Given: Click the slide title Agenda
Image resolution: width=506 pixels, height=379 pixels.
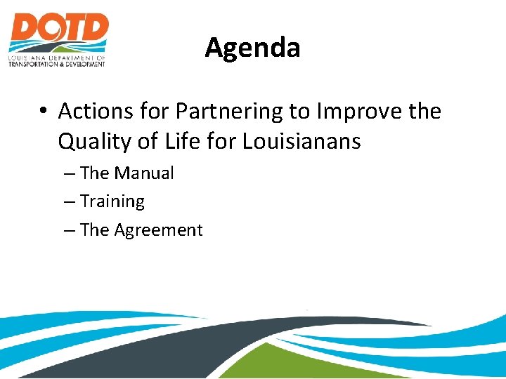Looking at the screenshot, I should coord(252,48).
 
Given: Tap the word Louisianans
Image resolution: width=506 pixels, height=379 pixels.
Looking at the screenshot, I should coord(301,142).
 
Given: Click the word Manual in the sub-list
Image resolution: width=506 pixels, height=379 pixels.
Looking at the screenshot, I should coord(144,173).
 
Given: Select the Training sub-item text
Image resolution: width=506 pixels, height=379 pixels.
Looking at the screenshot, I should coord(112,201).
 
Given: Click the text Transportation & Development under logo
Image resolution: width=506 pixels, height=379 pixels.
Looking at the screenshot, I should coord(57,64).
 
